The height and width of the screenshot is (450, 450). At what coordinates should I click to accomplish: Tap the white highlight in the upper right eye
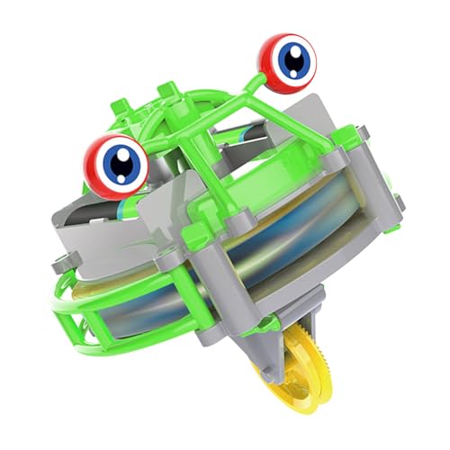(x=285, y=51)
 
